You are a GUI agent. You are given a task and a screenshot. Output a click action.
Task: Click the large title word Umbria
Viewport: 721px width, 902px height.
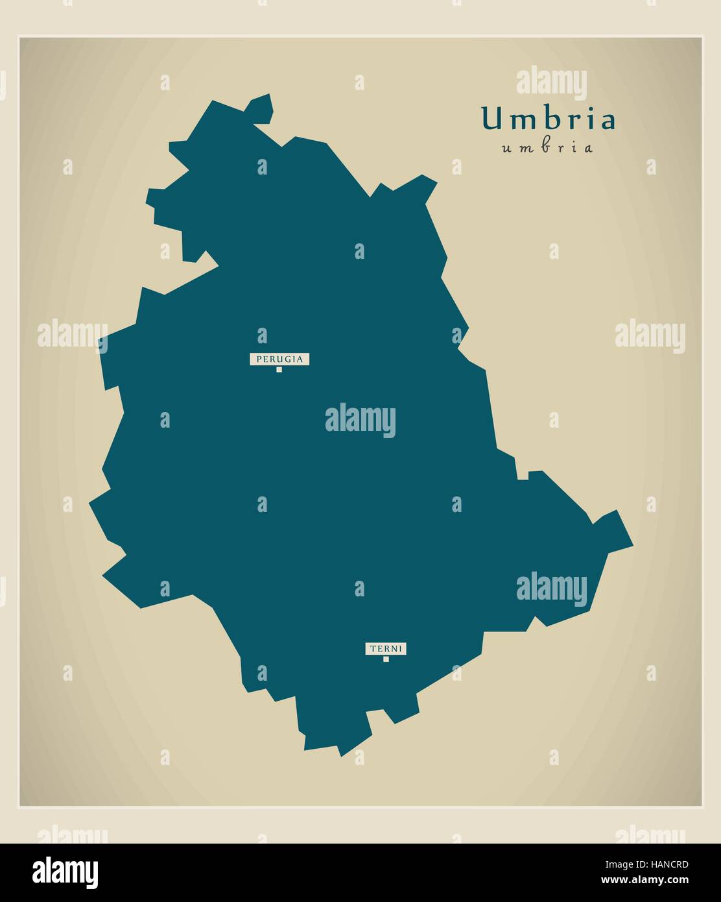point(548,119)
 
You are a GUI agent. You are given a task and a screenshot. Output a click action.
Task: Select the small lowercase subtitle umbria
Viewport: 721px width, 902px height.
point(547,148)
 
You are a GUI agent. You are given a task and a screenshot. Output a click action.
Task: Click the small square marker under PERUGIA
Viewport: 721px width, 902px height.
point(279,369)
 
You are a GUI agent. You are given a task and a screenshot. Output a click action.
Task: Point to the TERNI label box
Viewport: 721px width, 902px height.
point(386,648)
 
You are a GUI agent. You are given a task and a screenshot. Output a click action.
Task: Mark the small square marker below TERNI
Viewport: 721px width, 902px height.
point(386,659)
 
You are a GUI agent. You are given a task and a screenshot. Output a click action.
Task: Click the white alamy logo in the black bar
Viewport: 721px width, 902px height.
point(65,872)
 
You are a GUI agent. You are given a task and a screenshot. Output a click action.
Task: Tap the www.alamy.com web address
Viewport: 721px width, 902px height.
point(644,880)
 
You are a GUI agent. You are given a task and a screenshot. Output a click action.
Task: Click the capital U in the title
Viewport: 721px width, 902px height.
point(491,119)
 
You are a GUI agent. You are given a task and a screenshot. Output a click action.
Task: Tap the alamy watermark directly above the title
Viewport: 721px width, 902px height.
point(552,84)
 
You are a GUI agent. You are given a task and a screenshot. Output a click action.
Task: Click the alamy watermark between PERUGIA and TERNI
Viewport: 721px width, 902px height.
point(360,421)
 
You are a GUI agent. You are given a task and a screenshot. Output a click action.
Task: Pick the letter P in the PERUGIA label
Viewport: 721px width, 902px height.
point(259,359)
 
